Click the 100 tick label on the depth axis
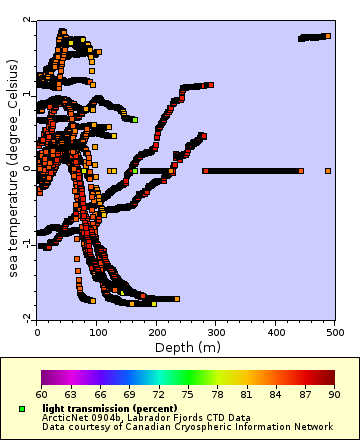[x=96, y=329]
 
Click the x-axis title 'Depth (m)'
[x=186, y=347]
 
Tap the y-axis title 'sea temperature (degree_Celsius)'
[x=13, y=168]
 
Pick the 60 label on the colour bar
[x=41, y=395]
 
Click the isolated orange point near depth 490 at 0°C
[x=328, y=171]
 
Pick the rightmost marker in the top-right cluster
[x=327, y=36]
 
